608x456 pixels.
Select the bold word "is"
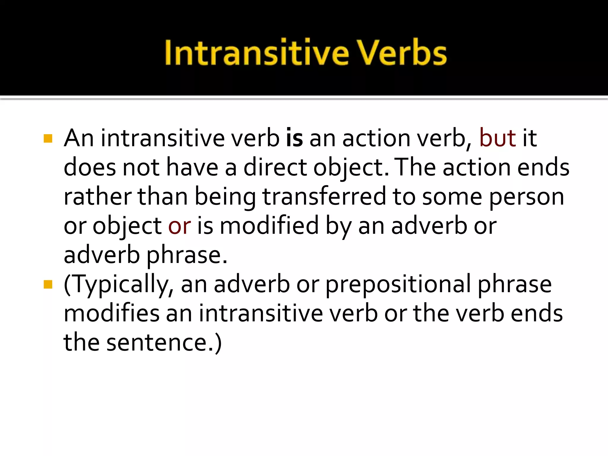click(x=294, y=138)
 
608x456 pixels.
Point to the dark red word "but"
click(x=498, y=138)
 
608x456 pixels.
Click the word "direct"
click(x=275, y=167)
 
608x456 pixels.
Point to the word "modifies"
click(x=112, y=313)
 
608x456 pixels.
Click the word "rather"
click(x=98, y=197)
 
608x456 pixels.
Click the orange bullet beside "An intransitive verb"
click(x=48, y=139)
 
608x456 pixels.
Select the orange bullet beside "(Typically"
click(x=48, y=284)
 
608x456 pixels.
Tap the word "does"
click(x=90, y=167)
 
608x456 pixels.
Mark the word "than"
click(x=163, y=197)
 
